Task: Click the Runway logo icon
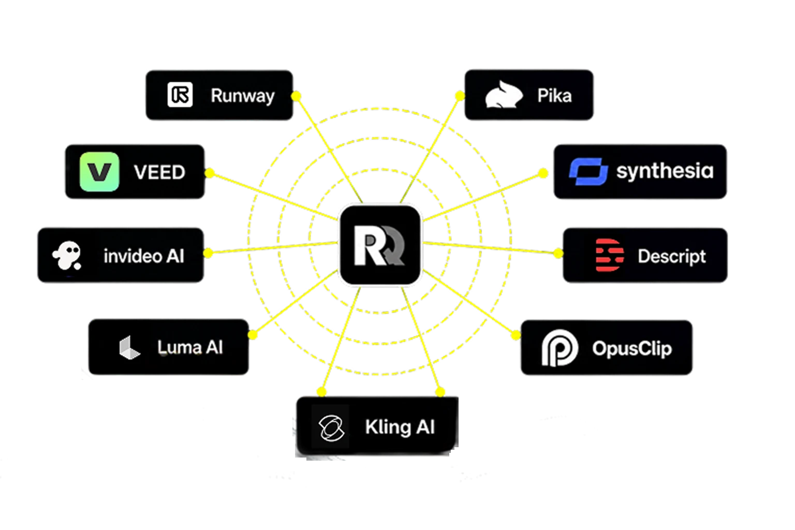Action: tap(180, 95)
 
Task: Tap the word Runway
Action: tap(243, 96)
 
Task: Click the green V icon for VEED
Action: tap(99, 172)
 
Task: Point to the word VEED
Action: tap(160, 172)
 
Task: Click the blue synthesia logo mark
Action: tap(588, 171)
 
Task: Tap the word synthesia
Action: tap(665, 171)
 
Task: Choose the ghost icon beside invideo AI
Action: tap(67, 256)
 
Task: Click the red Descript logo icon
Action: tap(609, 255)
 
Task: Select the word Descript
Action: tap(672, 256)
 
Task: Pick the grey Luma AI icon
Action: tap(129, 347)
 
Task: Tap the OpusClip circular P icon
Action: tap(560, 348)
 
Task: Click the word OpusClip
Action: tap(632, 349)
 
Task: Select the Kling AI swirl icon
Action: tap(331, 428)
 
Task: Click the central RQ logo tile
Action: tap(380, 245)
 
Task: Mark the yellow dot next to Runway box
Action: tap(296, 96)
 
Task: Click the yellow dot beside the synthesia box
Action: tap(543, 173)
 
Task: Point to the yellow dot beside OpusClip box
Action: tap(516, 335)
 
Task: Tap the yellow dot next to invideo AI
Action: tap(209, 253)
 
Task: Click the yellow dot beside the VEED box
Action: tap(210, 173)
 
